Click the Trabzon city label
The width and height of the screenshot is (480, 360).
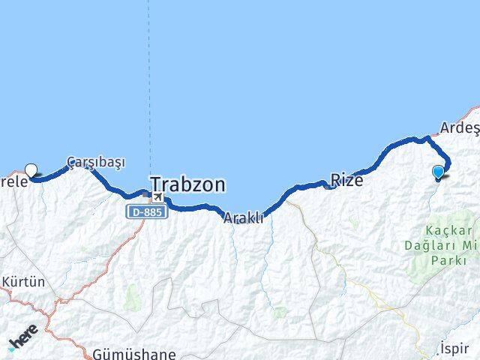(x=188, y=184)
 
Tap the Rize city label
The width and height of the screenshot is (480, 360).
(x=346, y=181)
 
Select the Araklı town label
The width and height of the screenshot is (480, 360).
(x=243, y=217)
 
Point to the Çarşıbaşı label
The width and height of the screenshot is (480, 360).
(x=95, y=161)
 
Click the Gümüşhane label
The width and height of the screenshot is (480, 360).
(x=135, y=353)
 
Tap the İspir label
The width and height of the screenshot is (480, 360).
(x=454, y=349)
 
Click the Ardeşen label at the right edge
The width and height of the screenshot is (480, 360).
(x=459, y=128)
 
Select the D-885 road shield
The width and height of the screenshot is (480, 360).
(x=147, y=212)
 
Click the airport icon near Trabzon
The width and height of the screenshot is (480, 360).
(x=157, y=196)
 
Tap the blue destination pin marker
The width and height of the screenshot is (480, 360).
(x=439, y=172)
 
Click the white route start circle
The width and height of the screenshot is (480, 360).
(x=31, y=169)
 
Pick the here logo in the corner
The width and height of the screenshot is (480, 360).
(x=22, y=337)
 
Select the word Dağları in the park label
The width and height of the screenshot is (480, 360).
(x=442, y=245)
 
